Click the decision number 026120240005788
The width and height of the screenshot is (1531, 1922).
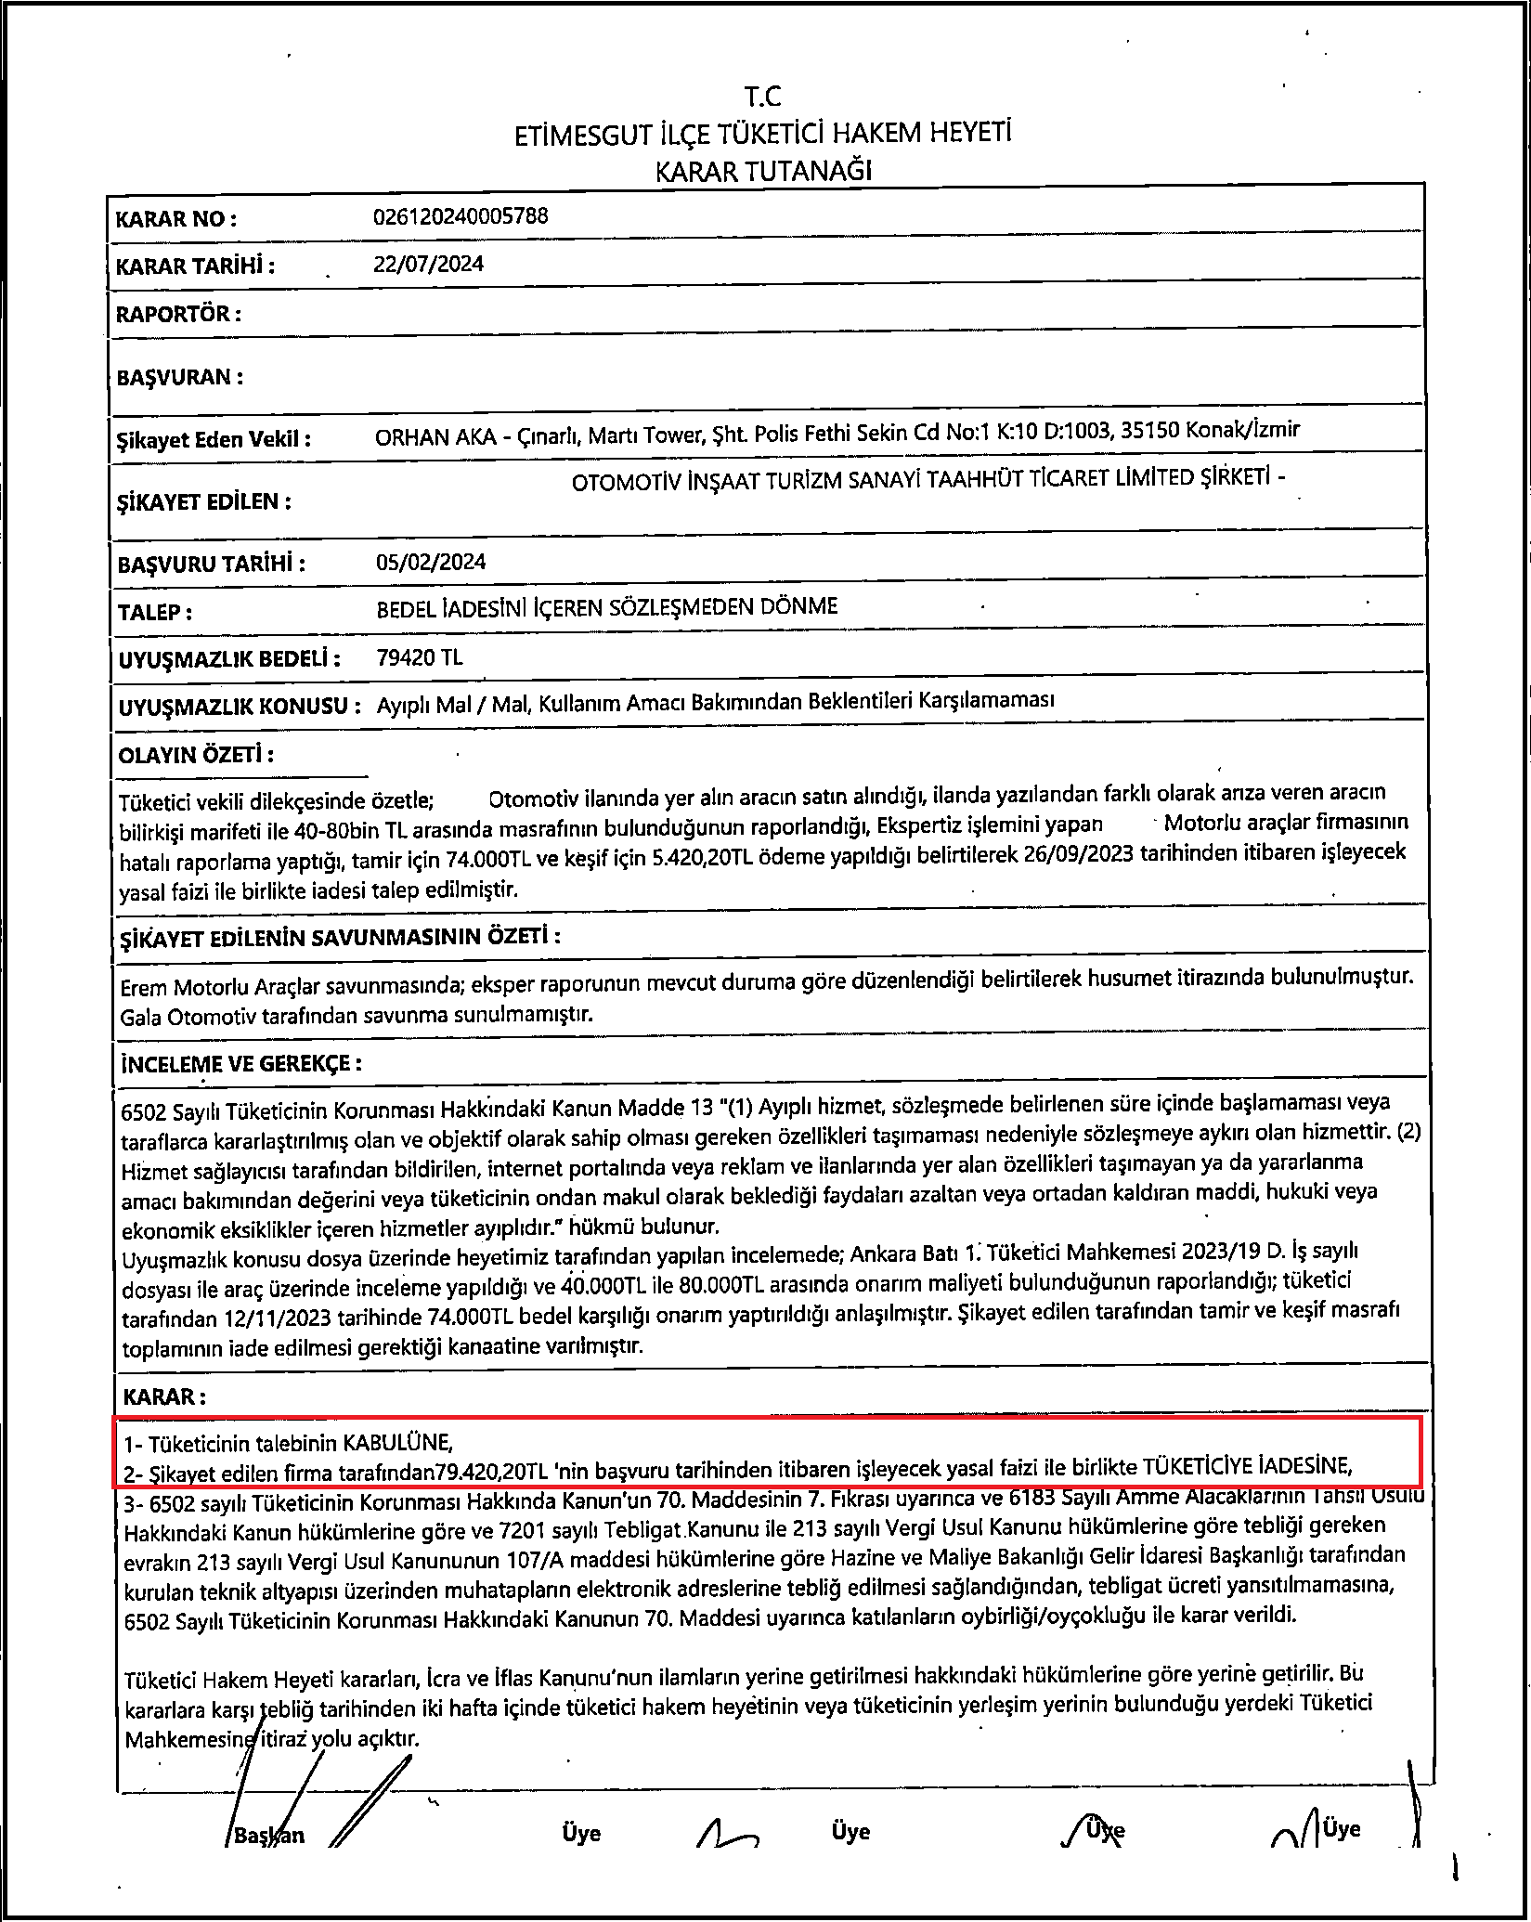tap(461, 216)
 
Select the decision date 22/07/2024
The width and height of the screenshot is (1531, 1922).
tap(428, 264)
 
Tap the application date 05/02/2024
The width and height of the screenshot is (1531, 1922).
tap(430, 562)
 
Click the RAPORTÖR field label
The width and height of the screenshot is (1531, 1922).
tap(178, 314)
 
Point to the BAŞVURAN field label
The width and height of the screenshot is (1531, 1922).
tap(180, 377)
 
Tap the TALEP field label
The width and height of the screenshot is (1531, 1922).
tap(155, 613)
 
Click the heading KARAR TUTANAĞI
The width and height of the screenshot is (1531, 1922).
tap(764, 171)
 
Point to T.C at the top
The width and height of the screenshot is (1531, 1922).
tap(763, 96)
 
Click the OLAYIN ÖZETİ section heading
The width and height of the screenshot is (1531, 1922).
tap(196, 754)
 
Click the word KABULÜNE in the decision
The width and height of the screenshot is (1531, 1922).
tap(397, 1443)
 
